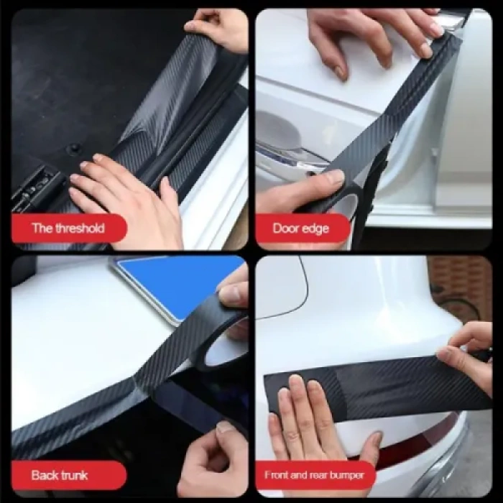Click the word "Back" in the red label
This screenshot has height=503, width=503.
45,475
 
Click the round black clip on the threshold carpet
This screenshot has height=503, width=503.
73,149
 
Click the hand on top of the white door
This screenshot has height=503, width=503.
374,36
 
